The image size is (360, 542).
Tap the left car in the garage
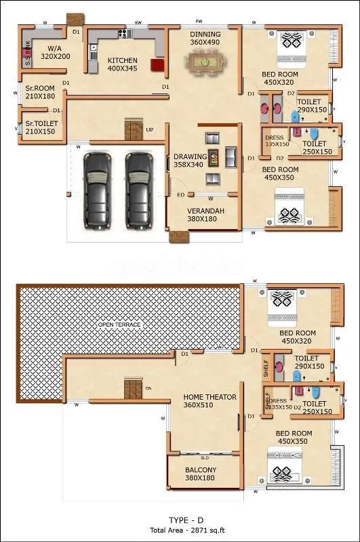coord(96,189)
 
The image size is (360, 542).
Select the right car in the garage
coord(138,189)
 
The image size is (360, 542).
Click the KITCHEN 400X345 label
coord(122,64)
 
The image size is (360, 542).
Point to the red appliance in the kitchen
coord(157,66)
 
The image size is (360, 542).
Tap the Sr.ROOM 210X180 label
coord(40,92)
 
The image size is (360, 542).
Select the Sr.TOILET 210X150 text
coord(41,127)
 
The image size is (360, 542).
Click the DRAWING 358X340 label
coord(189,160)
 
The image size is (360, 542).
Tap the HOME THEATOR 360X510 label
coord(210,401)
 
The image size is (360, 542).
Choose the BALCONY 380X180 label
coord(201,474)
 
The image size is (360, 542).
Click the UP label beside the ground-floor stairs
coord(149,129)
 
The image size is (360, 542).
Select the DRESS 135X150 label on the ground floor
coord(277,141)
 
